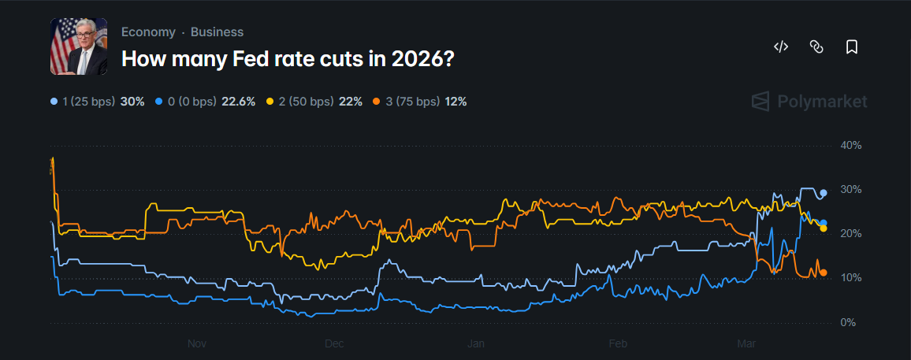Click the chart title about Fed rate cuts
pyautogui.click(x=287, y=58)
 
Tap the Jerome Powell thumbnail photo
pyautogui.click(x=79, y=46)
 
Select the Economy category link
pyautogui.click(x=148, y=32)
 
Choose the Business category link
pyautogui.click(x=217, y=32)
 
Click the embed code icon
pyautogui.click(x=781, y=46)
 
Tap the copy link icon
pyautogui.click(x=816, y=46)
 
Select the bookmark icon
pyautogui.click(x=851, y=46)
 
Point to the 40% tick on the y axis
pyautogui.click(x=851, y=146)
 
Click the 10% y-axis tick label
pyautogui.click(x=851, y=278)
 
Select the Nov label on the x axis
pyautogui.click(x=197, y=343)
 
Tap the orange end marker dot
pyautogui.click(x=824, y=273)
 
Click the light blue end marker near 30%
pyautogui.click(x=824, y=193)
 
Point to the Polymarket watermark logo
pyautogui.click(x=809, y=102)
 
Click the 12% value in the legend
pyautogui.click(x=455, y=102)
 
